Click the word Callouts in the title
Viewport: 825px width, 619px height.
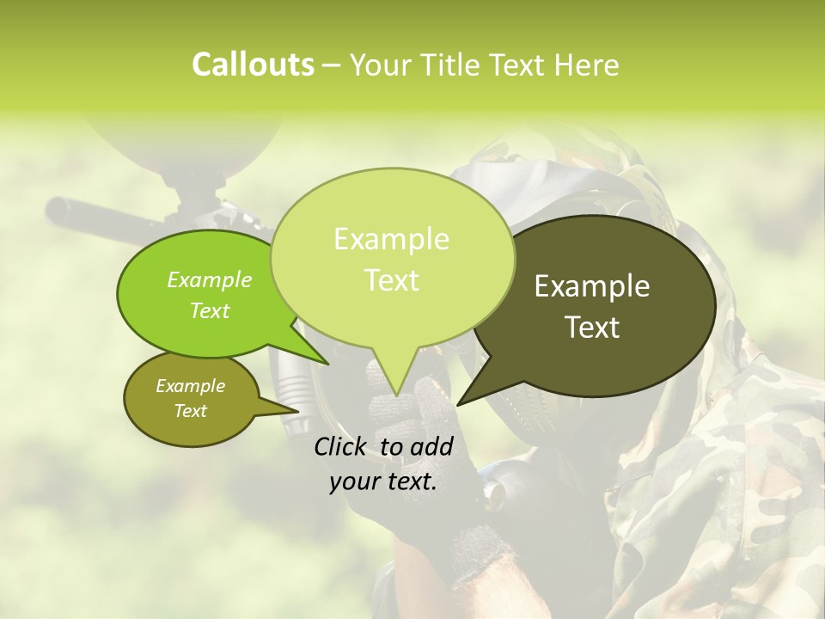[x=253, y=64]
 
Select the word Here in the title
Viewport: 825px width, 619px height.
[x=588, y=64]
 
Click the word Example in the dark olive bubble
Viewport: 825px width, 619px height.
[x=592, y=286]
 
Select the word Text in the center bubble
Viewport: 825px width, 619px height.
[x=392, y=280]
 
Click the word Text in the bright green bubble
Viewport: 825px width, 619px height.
[x=210, y=310]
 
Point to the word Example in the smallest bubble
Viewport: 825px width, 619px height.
[x=190, y=386]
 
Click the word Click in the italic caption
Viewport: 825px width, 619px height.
[x=342, y=446]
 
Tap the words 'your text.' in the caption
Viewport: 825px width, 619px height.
[x=383, y=481]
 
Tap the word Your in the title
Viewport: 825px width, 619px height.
[x=379, y=64]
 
